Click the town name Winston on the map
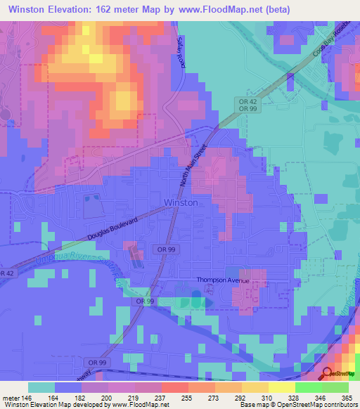pyautogui.click(x=181, y=202)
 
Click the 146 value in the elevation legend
pyautogui.click(x=25, y=397)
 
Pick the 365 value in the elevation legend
pyautogui.click(x=347, y=397)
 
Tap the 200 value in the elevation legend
pyautogui.click(x=105, y=397)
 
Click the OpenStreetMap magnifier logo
pyautogui.click(x=328, y=375)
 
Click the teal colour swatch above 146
pyautogui.click(x=41, y=387)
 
